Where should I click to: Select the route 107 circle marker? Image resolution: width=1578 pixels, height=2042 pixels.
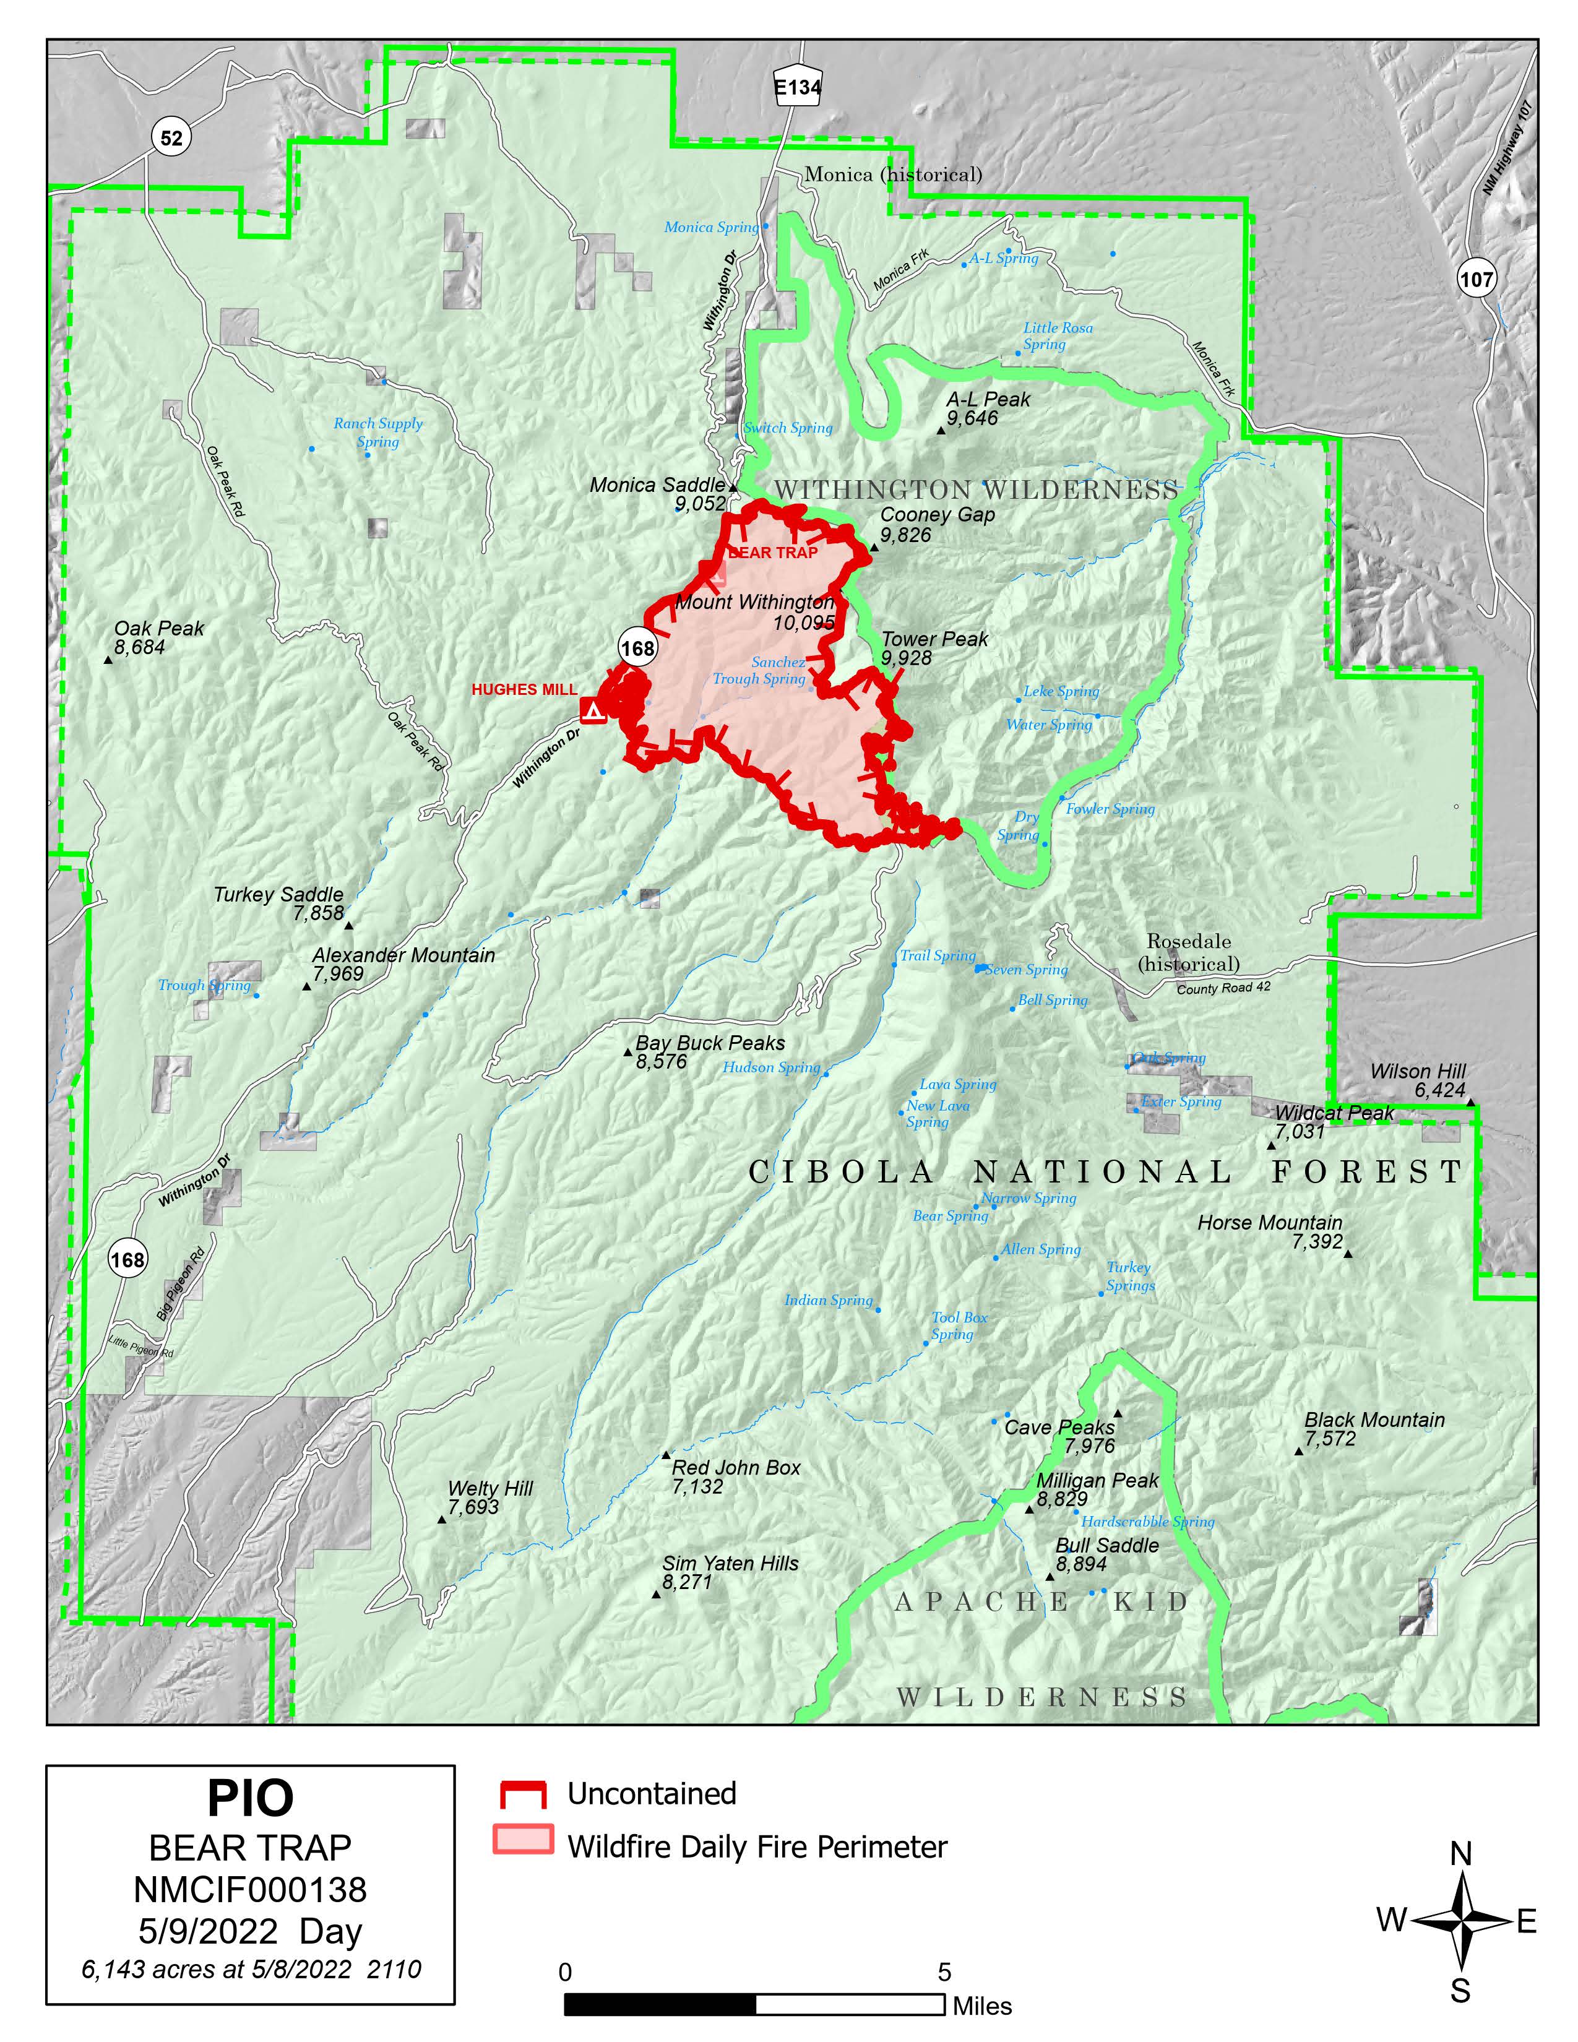pyautogui.click(x=1475, y=278)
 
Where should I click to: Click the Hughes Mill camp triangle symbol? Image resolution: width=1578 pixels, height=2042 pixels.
pyautogui.click(x=593, y=712)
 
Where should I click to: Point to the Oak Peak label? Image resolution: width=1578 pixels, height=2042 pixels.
pyautogui.click(x=159, y=628)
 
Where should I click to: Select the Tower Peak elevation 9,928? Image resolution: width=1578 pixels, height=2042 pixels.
pyautogui.click(x=906, y=658)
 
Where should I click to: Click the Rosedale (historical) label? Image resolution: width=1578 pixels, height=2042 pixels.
pyautogui.click(x=1188, y=952)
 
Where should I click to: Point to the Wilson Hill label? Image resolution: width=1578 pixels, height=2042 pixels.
pyautogui.click(x=1417, y=1072)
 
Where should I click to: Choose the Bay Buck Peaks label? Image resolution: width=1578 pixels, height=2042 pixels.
pyautogui.click(x=710, y=1043)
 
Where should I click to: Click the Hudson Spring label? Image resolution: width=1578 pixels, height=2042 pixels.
pyautogui.click(x=770, y=1067)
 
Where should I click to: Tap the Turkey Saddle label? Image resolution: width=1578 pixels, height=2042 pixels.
pyautogui.click(x=278, y=895)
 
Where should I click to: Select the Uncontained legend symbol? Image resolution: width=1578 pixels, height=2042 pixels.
pyautogui.click(x=522, y=1793)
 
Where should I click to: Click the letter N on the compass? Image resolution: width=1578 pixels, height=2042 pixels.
pyautogui.click(x=1460, y=1853)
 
